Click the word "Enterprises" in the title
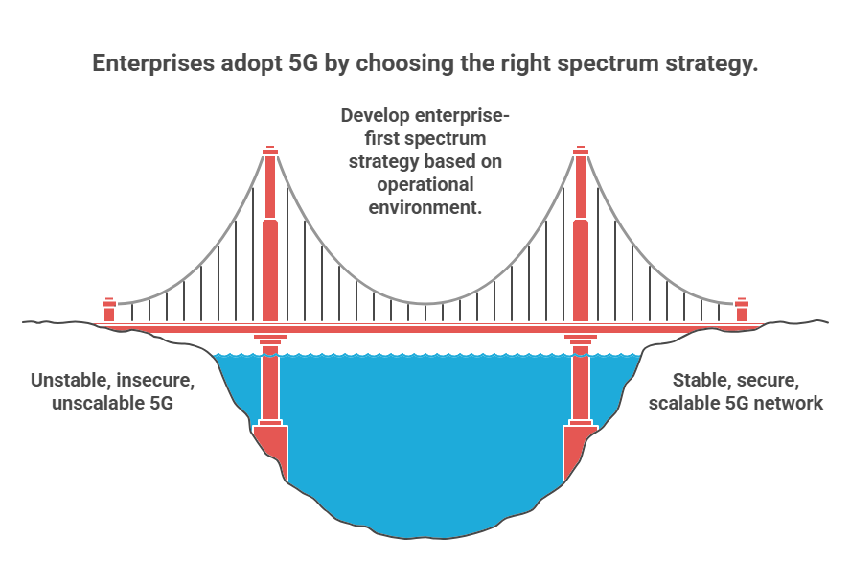click(153, 63)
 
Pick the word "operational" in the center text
click(425, 185)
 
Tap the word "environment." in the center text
click(425, 207)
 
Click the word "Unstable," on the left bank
click(70, 381)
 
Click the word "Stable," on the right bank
click(697, 381)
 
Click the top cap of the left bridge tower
click(270, 151)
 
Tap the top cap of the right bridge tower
click(581, 151)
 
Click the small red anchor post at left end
click(109, 310)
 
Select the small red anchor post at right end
click(742, 310)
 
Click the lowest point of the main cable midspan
click(425, 304)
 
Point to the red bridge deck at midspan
click(425, 328)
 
